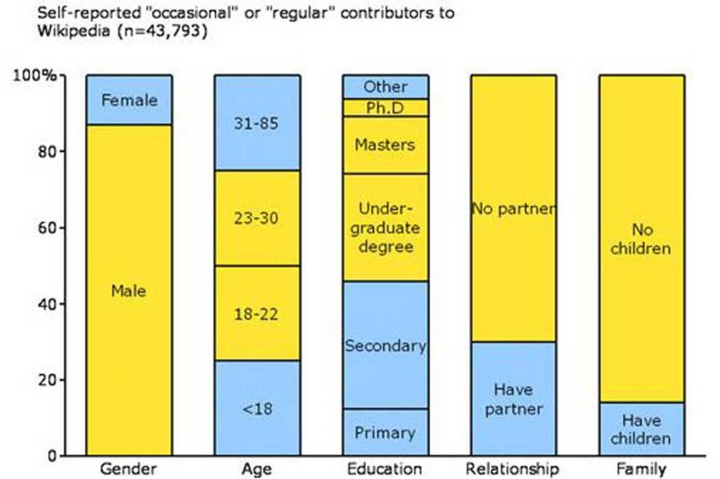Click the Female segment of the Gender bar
point(129,99)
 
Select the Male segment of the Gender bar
point(129,290)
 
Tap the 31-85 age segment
point(257,123)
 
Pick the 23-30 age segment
point(257,218)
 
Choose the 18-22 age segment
point(257,313)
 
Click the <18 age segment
point(257,408)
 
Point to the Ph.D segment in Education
point(385,107)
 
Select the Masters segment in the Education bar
point(385,145)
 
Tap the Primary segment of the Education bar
point(385,432)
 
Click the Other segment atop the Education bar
point(385,87)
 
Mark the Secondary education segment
point(385,345)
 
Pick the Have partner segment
point(513,398)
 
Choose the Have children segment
point(641,429)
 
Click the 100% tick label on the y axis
point(35,75)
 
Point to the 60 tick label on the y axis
point(47,228)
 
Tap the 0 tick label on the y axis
point(52,456)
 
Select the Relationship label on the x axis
point(513,469)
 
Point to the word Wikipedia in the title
point(74,31)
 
